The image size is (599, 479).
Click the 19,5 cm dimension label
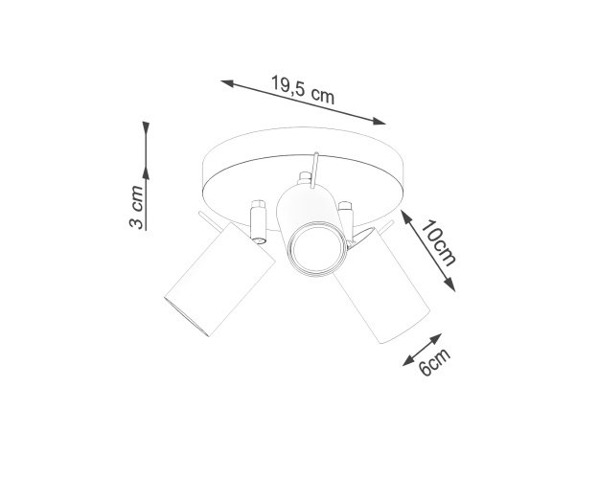pyautogui.click(x=303, y=90)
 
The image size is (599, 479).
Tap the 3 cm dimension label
pyautogui.click(x=136, y=207)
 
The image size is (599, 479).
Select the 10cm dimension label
pyautogui.click(x=439, y=243)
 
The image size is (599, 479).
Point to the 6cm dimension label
pyautogui.click(x=434, y=362)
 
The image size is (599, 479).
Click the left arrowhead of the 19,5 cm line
pyautogui.click(x=227, y=83)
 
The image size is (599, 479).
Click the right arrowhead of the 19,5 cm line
pyautogui.click(x=380, y=121)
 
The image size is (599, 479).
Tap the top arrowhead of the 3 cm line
pyautogui.click(x=146, y=127)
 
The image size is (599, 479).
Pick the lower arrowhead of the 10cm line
pyautogui.click(x=450, y=285)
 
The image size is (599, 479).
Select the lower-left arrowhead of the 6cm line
pyautogui.click(x=408, y=361)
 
